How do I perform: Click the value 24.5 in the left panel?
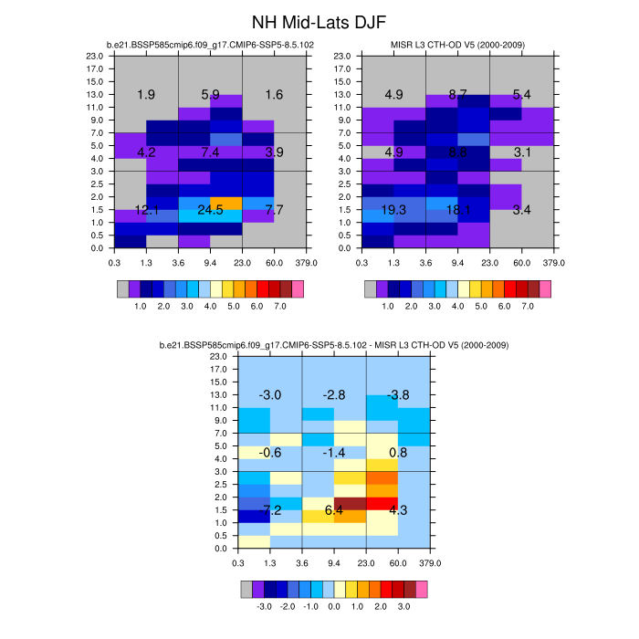coord(210,210)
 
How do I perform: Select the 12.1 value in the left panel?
coord(146,210)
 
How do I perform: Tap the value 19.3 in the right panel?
coord(394,210)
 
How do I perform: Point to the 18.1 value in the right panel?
coord(458,210)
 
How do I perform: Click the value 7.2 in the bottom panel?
coord(272,508)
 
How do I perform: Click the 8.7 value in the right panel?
coord(458,95)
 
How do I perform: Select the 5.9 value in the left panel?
coord(210,95)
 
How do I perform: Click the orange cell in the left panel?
coord(226,203)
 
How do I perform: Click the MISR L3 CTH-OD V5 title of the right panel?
coord(457,44)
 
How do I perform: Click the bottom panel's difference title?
coord(333,345)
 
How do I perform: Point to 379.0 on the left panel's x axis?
coord(307,263)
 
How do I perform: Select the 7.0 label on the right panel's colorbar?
coord(527,307)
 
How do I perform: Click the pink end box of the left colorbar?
coord(296,289)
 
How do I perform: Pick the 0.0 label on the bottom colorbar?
coord(333,606)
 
